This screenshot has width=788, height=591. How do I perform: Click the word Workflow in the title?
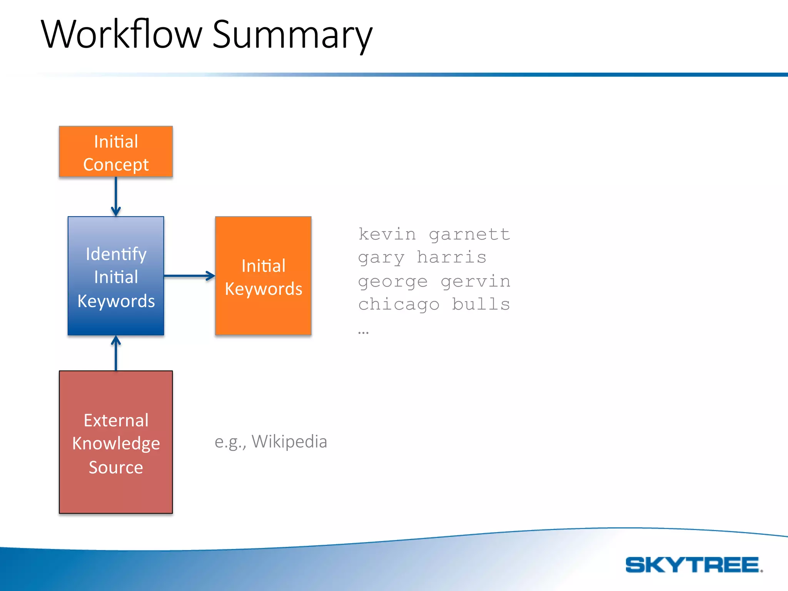(122, 35)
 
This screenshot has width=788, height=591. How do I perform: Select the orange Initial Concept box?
(116, 152)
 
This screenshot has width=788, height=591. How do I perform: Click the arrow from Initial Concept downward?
(116, 196)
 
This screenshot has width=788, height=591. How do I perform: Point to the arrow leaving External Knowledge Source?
(116, 353)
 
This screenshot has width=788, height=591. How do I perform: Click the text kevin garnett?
(434, 234)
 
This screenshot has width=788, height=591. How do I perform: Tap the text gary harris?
(422, 257)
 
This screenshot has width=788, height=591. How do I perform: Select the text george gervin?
(434, 281)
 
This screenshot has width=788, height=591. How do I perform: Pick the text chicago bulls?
(434, 304)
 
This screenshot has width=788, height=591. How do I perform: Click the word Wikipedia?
(289, 441)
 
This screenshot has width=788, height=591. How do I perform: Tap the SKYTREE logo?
(694, 565)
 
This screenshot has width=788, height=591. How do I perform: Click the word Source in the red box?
(116, 467)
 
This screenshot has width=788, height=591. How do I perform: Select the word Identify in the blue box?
(116, 254)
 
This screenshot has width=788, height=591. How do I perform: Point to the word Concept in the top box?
(116, 165)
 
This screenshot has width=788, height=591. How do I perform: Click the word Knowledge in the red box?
(116, 443)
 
